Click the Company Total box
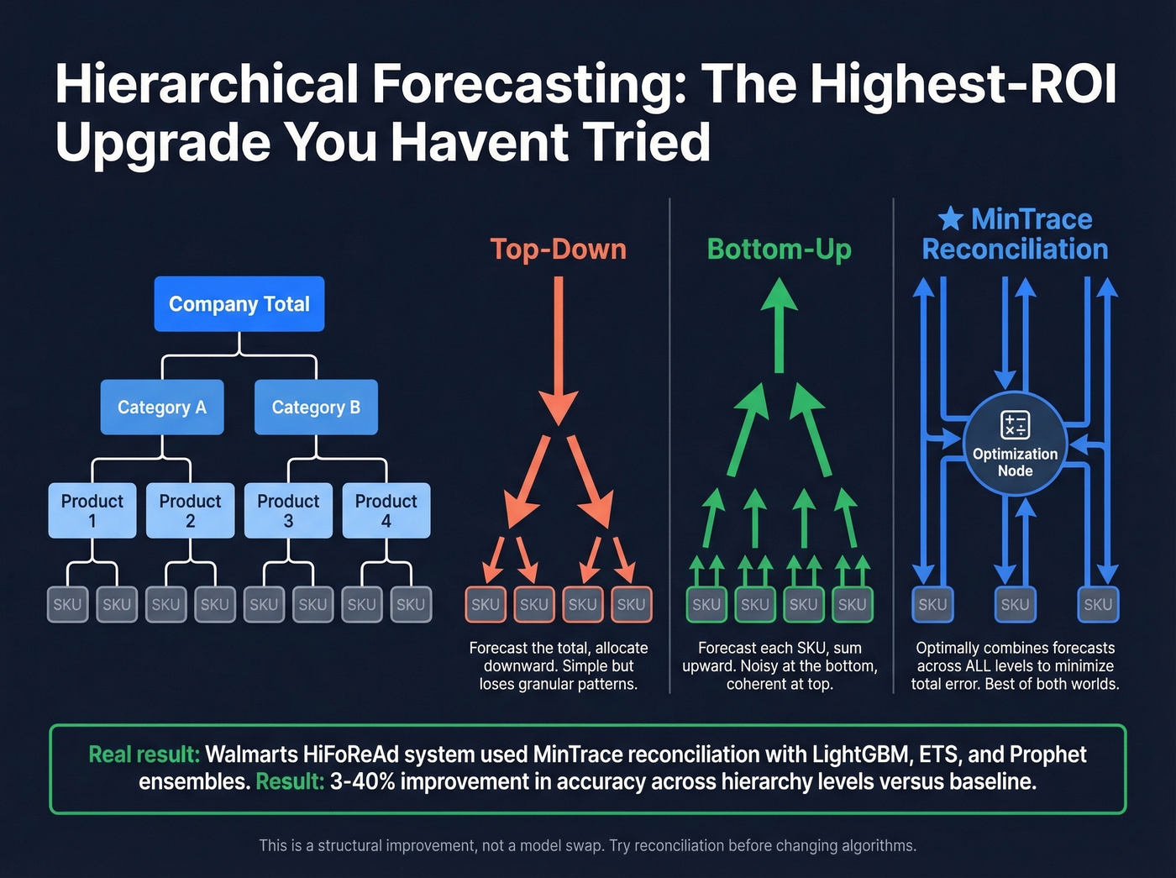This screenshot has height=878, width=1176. pos(239,304)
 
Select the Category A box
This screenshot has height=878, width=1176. pos(162,407)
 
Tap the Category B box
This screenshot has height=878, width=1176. pos(316,407)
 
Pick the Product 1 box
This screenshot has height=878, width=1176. pos(92,510)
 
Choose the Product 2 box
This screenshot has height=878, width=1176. pos(191,510)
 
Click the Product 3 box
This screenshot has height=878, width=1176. pos(288,510)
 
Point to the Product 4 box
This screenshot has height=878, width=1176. pos(386,510)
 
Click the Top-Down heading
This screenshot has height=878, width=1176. pos(558,250)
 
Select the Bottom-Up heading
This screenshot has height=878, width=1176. pos(779,250)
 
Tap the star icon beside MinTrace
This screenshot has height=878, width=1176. pos(950,219)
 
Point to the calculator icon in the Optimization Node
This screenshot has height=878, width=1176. pos(1015,425)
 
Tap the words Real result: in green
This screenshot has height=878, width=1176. pos(144,754)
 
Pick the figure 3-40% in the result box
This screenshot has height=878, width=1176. pos(370,781)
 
